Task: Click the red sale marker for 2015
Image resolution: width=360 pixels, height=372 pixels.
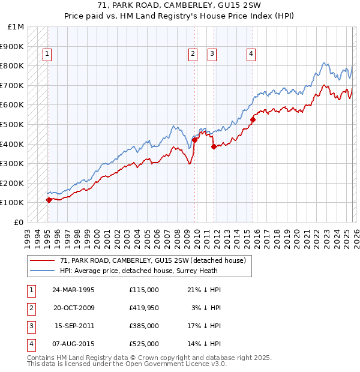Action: pos(253,119)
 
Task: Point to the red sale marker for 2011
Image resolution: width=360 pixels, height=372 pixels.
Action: pos(214,146)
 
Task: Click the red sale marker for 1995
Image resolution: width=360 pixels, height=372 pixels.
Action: pos(49,200)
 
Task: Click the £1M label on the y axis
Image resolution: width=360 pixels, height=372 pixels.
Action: pos(16,27)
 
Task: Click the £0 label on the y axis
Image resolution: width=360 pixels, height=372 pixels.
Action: pos(19,222)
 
